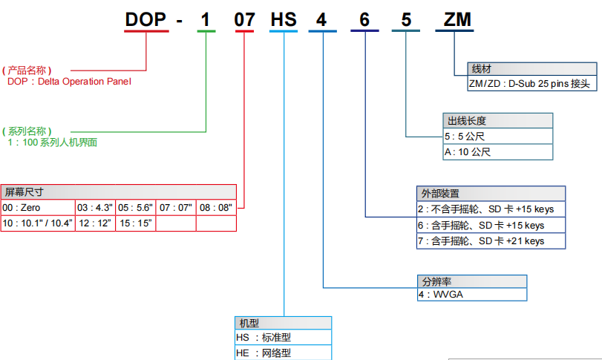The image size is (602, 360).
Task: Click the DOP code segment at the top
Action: pos(145,20)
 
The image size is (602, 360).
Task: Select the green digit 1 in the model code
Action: pos(206,20)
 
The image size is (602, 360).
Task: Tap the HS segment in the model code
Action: pos(284,20)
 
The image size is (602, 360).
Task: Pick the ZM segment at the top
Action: pos(457,20)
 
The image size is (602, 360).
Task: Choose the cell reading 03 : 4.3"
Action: pos(95,207)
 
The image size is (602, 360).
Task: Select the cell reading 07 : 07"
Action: pos(176,207)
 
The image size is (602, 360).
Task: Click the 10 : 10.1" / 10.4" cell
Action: pos(38,223)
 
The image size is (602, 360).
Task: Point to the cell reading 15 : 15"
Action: pos(135,223)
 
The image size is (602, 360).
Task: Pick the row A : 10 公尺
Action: pos(498,151)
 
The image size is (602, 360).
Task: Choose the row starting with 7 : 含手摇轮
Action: pos(491,240)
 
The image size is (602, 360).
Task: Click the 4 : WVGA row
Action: pos(472,294)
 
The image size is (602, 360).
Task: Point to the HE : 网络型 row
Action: pos(283,353)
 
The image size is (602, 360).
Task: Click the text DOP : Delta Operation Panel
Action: pos(69,82)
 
